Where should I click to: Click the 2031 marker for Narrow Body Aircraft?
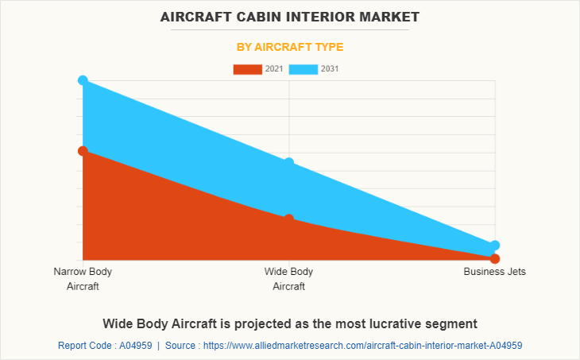pyautogui.click(x=83, y=80)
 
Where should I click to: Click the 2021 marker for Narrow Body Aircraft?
pyautogui.click(x=83, y=150)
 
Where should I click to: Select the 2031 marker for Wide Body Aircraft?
pyautogui.click(x=288, y=163)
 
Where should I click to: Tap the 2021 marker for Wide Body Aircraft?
pyautogui.click(x=288, y=219)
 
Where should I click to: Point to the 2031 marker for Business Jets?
pyautogui.click(x=494, y=246)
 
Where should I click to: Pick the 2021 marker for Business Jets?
pyautogui.click(x=494, y=258)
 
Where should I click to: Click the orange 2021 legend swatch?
pyautogui.click(x=247, y=69)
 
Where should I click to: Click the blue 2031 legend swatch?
pyautogui.click(x=304, y=69)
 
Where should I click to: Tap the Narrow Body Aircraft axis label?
pyautogui.click(x=83, y=279)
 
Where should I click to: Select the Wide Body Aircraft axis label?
pyautogui.click(x=288, y=279)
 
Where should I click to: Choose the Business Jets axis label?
pyautogui.click(x=494, y=272)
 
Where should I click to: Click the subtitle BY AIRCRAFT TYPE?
pyautogui.click(x=290, y=47)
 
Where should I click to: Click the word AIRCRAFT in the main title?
pyautogui.click(x=195, y=16)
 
